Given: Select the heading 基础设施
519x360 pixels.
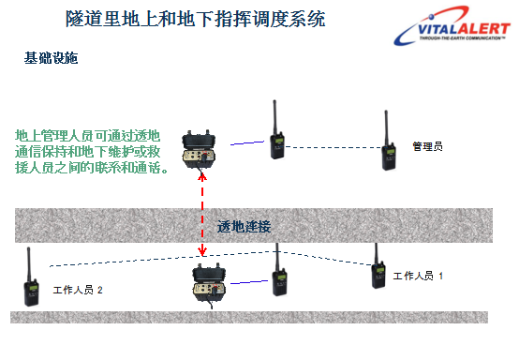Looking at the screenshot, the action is [x=51, y=58].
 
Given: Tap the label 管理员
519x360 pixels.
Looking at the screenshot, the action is [x=427, y=147].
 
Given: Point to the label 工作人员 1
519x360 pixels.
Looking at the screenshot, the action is [x=418, y=276].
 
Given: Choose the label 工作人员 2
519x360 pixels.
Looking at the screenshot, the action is [x=78, y=291].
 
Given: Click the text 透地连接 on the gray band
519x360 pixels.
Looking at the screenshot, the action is [x=244, y=227].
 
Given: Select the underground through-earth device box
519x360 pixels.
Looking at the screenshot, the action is [x=204, y=286].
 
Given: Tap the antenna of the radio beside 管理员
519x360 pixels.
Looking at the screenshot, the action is [x=385, y=126].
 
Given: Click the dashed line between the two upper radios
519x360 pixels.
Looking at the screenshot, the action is [x=332, y=147].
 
